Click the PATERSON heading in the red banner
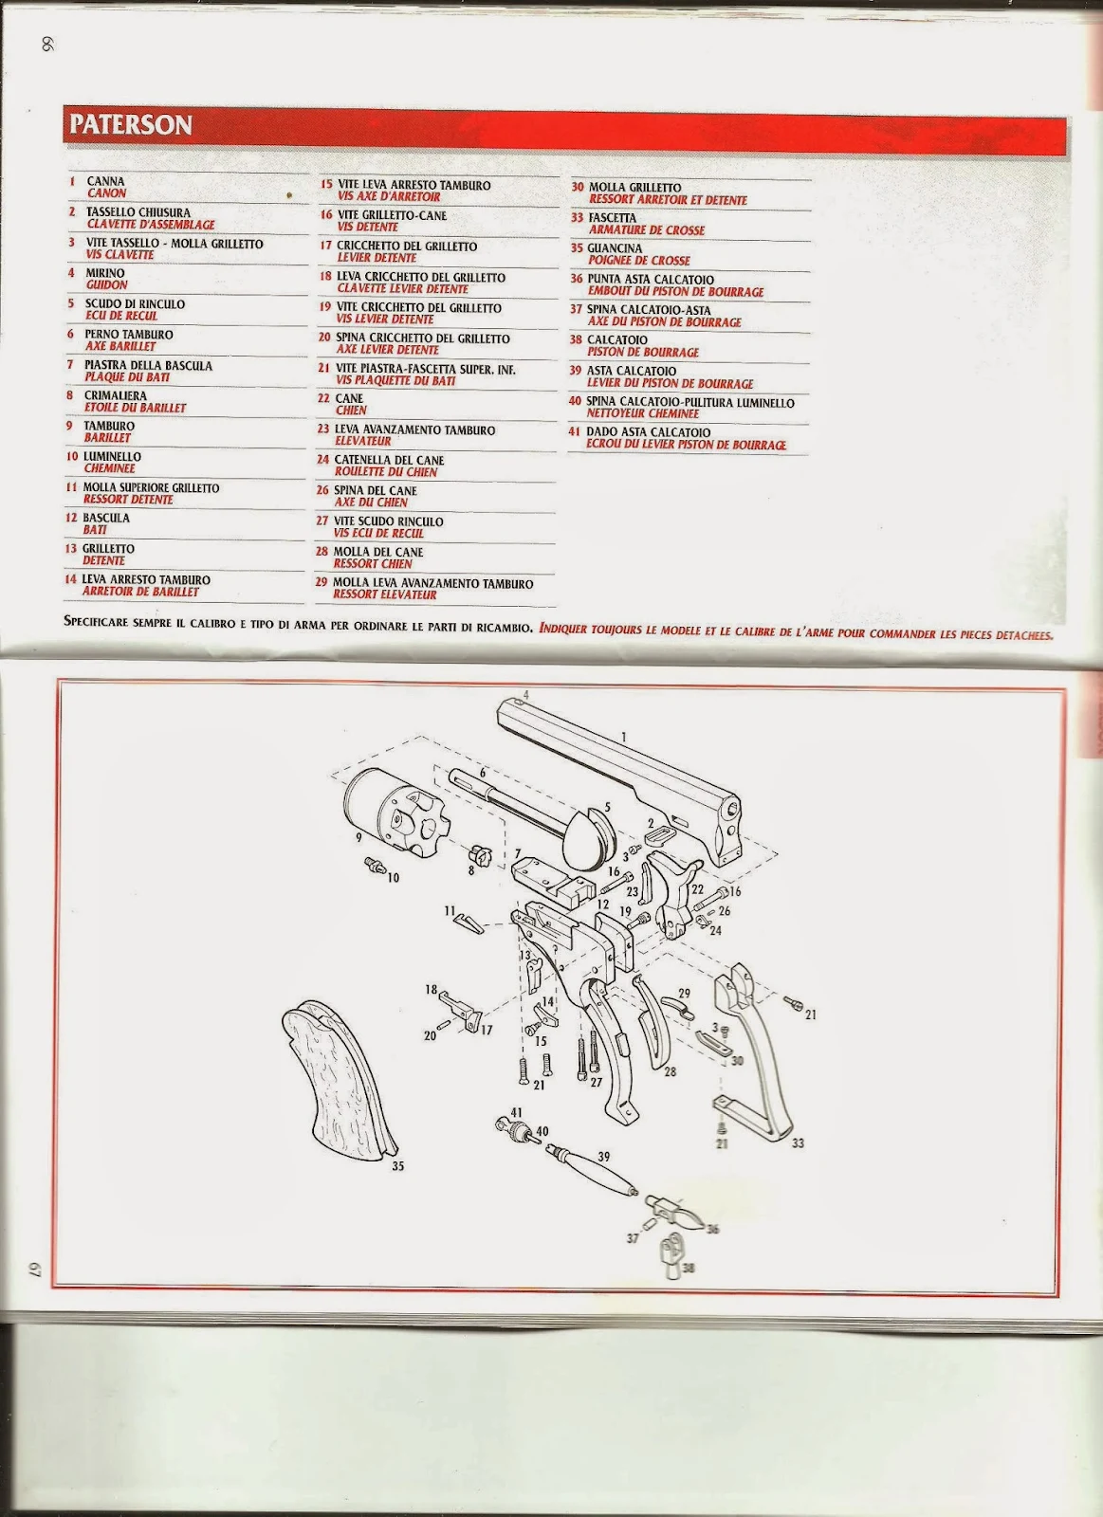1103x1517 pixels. click(x=130, y=125)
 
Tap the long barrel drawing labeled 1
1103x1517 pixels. click(x=616, y=758)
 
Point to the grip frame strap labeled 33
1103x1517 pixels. click(x=759, y=1052)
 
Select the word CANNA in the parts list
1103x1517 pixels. click(x=105, y=181)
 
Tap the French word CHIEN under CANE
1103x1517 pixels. click(x=351, y=411)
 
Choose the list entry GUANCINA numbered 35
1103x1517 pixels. click(x=615, y=248)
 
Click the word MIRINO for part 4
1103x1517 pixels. click(x=105, y=273)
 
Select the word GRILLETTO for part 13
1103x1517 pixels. click(x=108, y=549)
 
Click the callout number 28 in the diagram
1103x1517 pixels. click(x=670, y=1072)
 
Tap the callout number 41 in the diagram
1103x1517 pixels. click(x=516, y=1112)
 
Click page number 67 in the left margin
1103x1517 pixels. click(x=30, y=1270)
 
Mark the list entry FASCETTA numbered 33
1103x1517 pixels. click(x=613, y=218)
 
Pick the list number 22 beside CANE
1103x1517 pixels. click(x=323, y=399)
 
